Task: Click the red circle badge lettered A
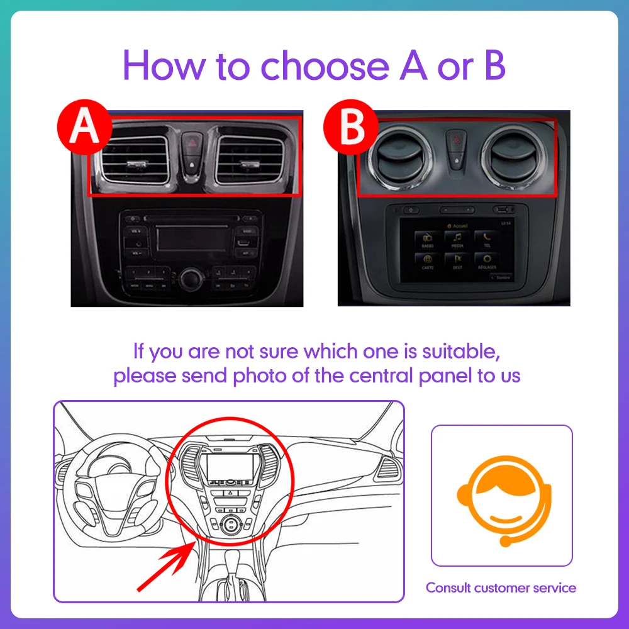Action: (84, 128)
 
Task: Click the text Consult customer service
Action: (501, 588)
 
